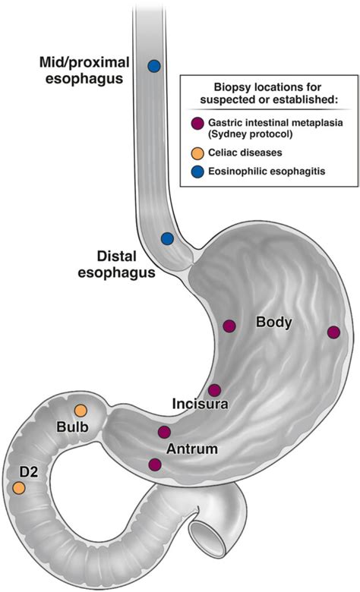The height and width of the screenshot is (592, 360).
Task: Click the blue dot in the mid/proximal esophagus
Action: coord(154,66)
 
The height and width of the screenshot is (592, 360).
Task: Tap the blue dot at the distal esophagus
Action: coord(167,238)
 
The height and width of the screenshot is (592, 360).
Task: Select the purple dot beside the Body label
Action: coord(229,326)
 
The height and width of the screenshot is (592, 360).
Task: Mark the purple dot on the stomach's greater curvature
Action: coord(333,332)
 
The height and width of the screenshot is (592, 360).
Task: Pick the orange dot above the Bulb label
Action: coord(81,411)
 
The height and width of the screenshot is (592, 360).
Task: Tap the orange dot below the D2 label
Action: coord(18,490)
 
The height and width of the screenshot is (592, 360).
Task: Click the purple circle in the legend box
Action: coord(198,124)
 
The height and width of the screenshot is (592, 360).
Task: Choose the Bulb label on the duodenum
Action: coord(74,427)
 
